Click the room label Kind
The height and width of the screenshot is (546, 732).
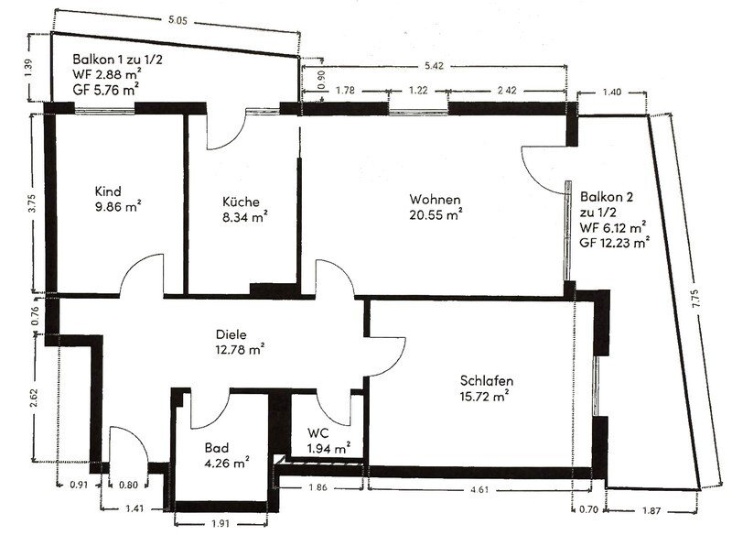(108, 191)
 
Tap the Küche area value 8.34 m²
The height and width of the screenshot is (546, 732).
(244, 217)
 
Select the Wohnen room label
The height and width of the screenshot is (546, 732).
(435, 200)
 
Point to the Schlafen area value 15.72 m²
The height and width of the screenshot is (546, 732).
(484, 397)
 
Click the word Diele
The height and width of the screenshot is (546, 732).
(231, 334)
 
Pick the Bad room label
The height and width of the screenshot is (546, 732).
(217, 448)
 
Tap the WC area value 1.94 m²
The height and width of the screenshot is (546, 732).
(328, 449)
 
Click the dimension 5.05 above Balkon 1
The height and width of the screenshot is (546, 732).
(178, 20)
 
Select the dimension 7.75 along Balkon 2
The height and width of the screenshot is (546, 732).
(695, 299)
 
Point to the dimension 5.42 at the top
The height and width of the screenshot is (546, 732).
(434, 66)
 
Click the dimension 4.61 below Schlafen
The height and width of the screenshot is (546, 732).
(479, 490)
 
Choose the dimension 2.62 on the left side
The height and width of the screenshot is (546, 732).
(34, 398)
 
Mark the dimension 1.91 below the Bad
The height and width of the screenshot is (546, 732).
(220, 524)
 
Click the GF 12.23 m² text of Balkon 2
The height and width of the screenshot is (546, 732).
(615, 243)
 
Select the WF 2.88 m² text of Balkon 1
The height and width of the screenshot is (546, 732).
(107, 74)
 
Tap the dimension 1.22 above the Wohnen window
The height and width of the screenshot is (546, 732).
(418, 90)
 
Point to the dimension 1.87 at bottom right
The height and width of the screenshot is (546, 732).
(651, 510)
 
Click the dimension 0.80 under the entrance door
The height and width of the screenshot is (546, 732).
(128, 486)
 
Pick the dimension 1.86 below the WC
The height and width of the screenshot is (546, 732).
(318, 487)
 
